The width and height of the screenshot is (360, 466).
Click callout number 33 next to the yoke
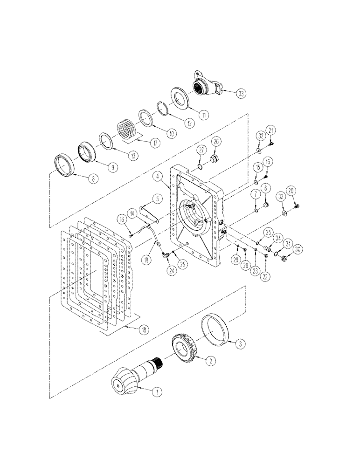tap(240, 93)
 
